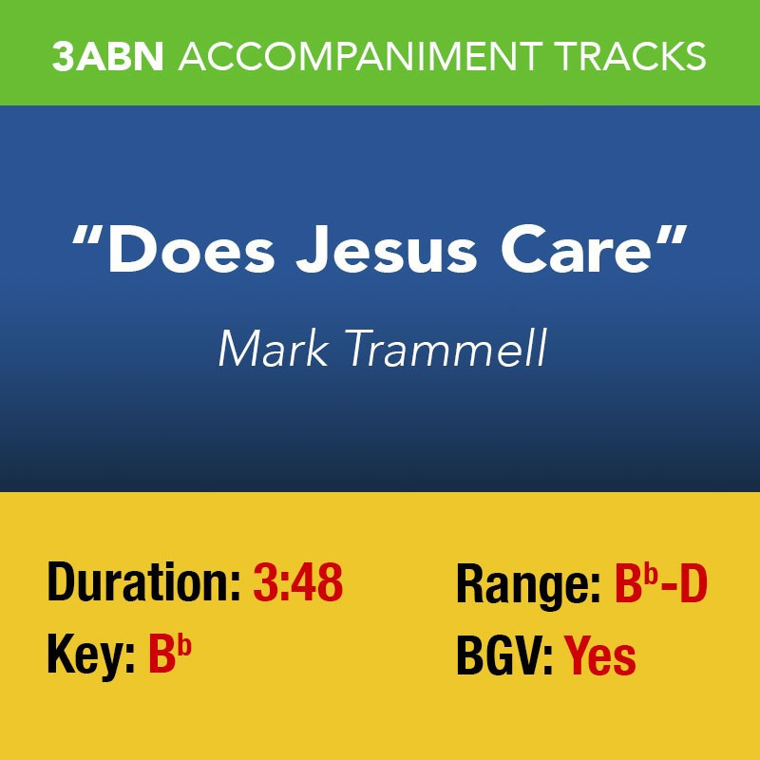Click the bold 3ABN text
(x=108, y=56)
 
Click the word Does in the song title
(x=192, y=249)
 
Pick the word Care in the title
(x=576, y=249)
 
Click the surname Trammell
(x=446, y=348)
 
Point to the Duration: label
(x=144, y=582)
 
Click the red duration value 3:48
(x=298, y=582)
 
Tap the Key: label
(x=91, y=655)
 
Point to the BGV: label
(x=504, y=655)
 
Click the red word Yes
(x=600, y=655)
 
